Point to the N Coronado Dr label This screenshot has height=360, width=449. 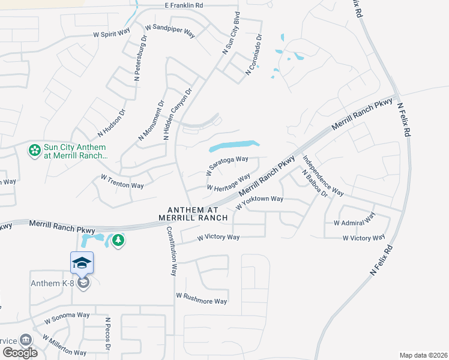(255, 55)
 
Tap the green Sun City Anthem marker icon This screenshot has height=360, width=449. (35, 149)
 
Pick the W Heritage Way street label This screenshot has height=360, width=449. (228, 182)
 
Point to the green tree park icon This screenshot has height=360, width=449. (118, 241)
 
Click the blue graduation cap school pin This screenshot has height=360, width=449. (82, 263)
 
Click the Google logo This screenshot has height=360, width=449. (19, 353)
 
